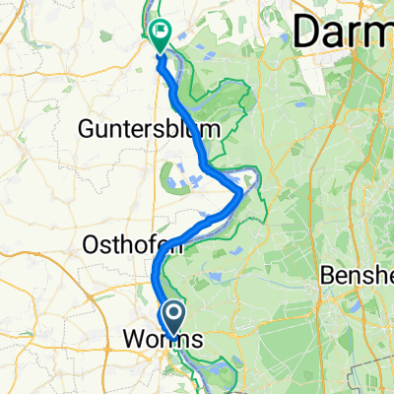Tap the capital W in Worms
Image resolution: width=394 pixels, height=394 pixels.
[132, 339]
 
